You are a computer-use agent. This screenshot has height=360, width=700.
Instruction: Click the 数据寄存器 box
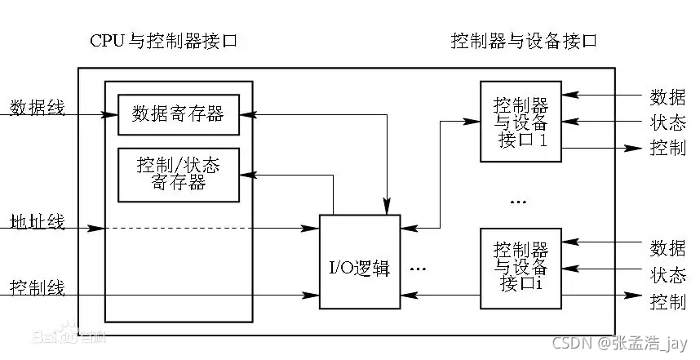(x=179, y=114)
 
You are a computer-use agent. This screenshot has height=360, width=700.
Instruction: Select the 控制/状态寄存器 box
(x=179, y=174)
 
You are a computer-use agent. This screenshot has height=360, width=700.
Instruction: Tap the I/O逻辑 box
(x=359, y=262)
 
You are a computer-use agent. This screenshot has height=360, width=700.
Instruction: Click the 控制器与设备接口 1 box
(x=521, y=121)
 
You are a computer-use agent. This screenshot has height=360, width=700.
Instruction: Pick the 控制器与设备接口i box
(x=521, y=269)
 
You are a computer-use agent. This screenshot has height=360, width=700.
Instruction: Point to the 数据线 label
(x=37, y=107)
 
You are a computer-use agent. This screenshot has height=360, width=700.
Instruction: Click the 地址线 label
(x=37, y=222)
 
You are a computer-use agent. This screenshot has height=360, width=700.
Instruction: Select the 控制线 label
(x=37, y=287)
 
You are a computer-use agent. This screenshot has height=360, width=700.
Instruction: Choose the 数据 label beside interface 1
(x=667, y=97)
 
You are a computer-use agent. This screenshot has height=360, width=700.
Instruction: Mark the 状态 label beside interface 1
(x=667, y=122)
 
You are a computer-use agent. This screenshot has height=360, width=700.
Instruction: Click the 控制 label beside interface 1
(x=667, y=149)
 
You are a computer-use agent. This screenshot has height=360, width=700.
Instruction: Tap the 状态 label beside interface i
(x=667, y=274)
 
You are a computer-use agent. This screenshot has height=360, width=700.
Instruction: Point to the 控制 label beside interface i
(x=667, y=302)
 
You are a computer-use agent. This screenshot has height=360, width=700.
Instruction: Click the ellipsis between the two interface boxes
(x=518, y=200)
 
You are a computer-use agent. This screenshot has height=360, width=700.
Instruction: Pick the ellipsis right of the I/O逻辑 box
(x=419, y=268)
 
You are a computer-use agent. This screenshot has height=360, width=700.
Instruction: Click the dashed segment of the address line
(x=212, y=228)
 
